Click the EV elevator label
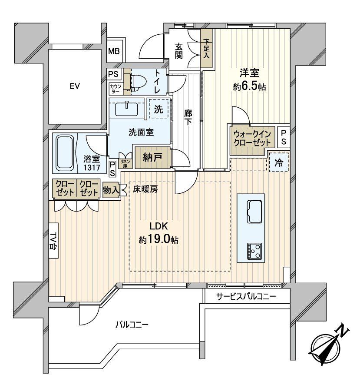pyautogui.click(x=75, y=86)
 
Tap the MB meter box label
pyautogui.click(x=114, y=51)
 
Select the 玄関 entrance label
pyautogui.click(x=179, y=50)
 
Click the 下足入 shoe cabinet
pyautogui.click(x=206, y=49)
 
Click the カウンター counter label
pyautogui.click(x=116, y=88)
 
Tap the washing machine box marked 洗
pyautogui.click(x=159, y=109)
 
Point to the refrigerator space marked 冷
pyautogui.click(x=278, y=164)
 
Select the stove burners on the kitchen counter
pyautogui.click(x=254, y=250)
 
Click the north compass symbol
pyautogui.click(x=329, y=345)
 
